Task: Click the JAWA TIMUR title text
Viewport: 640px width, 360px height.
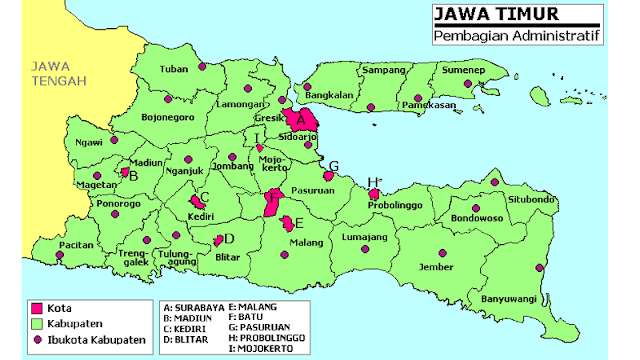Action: [481, 15]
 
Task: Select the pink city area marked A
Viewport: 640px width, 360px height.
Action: [299, 121]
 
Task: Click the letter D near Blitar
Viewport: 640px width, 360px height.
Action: [229, 238]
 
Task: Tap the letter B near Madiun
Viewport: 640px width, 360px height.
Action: [133, 176]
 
